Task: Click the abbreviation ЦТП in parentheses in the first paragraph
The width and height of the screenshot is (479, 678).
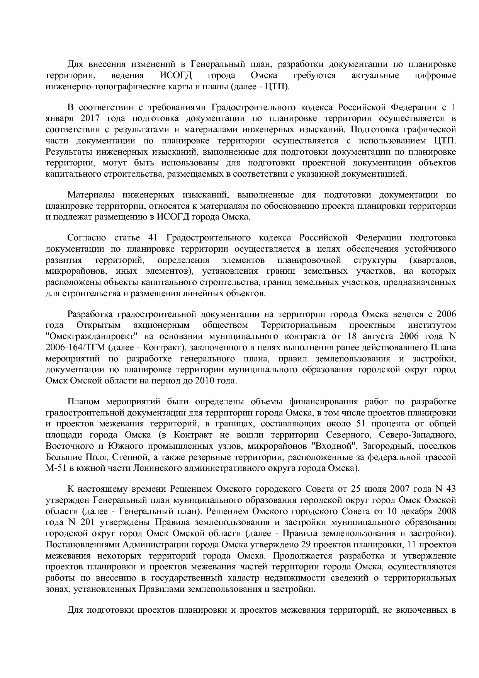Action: (276, 86)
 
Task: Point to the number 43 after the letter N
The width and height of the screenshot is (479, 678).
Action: (450, 489)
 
